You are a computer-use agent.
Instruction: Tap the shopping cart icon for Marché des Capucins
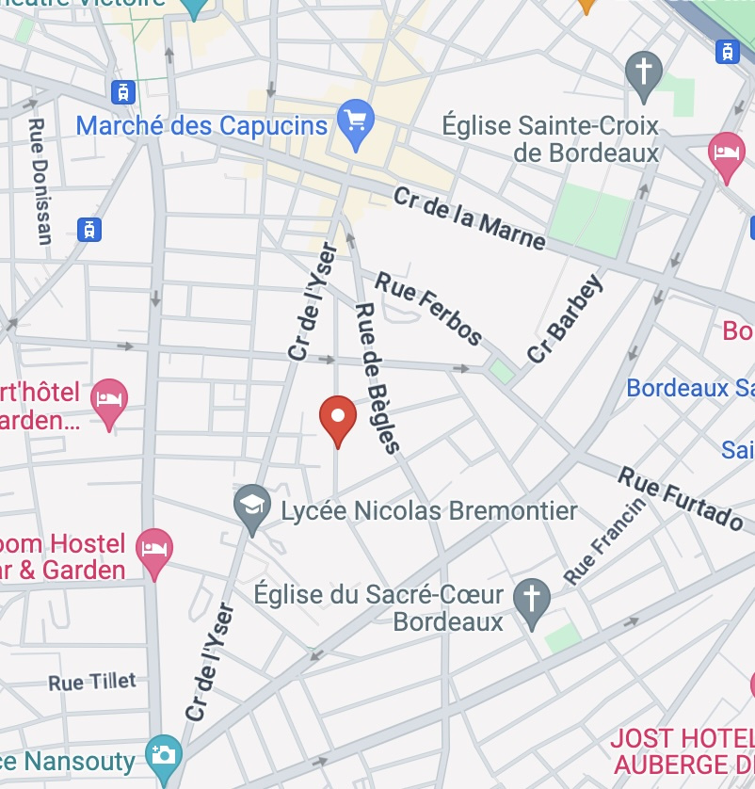[x=356, y=123]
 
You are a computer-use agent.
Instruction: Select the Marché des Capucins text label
[x=201, y=125]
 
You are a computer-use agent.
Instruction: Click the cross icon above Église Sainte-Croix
[x=644, y=73]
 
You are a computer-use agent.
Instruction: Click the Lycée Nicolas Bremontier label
[x=429, y=511]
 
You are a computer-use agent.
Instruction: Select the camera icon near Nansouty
[x=165, y=754]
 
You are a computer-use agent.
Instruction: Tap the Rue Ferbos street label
[x=428, y=307]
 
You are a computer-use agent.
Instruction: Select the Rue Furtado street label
[x=681, y=497]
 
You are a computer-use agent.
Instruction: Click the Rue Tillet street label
[x=92, y=682]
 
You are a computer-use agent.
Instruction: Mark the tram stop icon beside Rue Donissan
[x=89, y=229]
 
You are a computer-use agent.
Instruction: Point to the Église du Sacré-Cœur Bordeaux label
[x=393, y=608]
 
